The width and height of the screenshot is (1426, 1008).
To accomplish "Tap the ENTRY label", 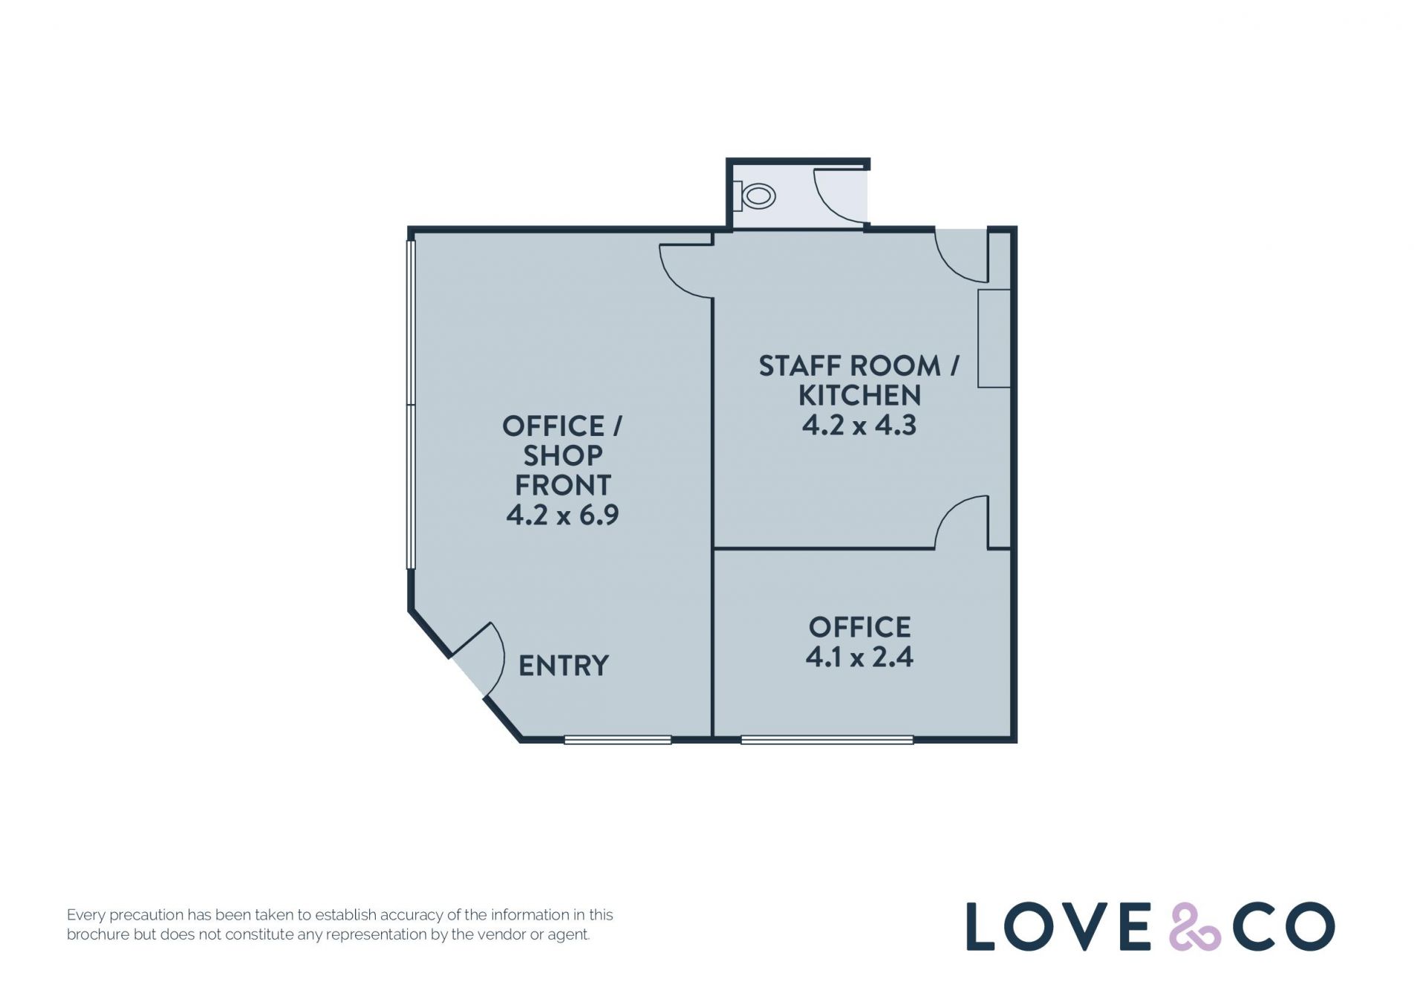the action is [564, 666].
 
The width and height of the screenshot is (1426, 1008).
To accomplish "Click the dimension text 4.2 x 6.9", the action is [563, 515].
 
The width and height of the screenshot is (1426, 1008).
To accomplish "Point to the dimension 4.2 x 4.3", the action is [859, 425].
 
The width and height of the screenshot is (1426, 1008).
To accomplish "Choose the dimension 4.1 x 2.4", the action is [859, 657].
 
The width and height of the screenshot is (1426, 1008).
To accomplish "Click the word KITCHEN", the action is [859, 395].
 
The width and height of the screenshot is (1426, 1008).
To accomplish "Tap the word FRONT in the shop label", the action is [563, 485].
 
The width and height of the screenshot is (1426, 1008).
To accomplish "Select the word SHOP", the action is [563, 455].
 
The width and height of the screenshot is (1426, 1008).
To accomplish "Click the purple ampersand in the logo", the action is [1195, 926].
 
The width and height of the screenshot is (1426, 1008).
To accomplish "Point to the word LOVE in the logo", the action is [1058, 926].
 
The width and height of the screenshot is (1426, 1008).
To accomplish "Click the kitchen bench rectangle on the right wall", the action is [994, 338].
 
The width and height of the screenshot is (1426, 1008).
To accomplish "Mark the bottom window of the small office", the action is [827, 740].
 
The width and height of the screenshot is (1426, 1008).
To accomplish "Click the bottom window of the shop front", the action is [618, 740].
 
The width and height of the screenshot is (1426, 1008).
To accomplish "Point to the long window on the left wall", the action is [411, 404].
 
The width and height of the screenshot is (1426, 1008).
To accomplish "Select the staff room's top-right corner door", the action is [961, 256].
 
